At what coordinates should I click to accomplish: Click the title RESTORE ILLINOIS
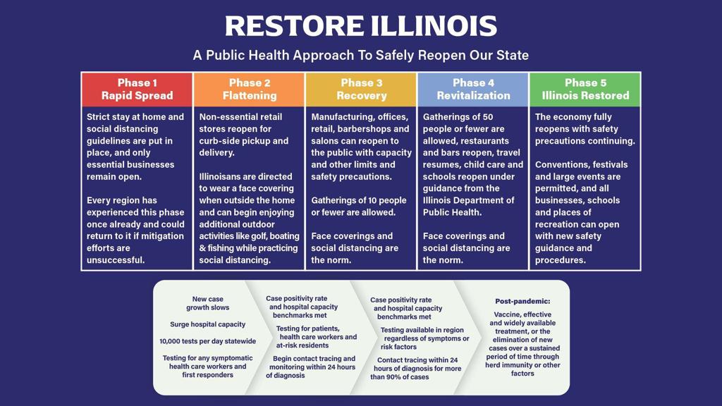click(361, 26)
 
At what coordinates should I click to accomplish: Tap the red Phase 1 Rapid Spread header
click(137, 90)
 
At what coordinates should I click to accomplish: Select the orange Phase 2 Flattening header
click(249, 90)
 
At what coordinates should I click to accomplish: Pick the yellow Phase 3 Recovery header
click(361, 90)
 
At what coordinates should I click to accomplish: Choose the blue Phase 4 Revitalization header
click(473, 90)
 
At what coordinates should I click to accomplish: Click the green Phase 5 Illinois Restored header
click(585, 90)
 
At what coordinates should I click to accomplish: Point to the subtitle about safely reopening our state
click(361, 55)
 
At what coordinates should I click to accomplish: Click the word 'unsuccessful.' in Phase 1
click(116, 260)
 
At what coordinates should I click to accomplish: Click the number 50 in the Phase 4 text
click(488, 117)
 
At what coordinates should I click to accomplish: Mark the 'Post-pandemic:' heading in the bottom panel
click(522, 302)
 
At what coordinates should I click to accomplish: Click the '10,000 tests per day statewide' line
click(208, 342)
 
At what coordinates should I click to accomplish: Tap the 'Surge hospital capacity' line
click(208, 324)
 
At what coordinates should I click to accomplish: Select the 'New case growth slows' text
click(208, 303)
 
